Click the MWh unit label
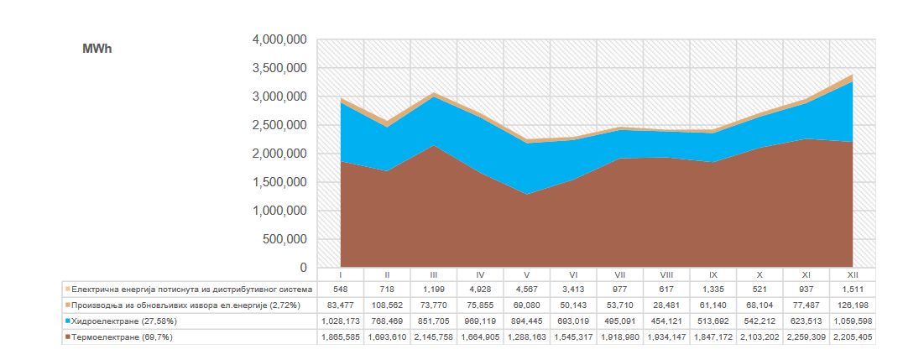coord(97,50)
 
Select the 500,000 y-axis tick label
coord(284,239)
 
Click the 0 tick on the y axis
coord(303,268)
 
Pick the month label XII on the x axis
coord(852,274)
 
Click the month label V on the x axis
coord(526,274)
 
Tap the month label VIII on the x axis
coord(666,274)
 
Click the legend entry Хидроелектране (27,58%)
coord(126,321)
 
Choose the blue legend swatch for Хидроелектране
coord(67,321)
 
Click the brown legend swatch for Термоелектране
coord(67,337)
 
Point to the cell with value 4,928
coord(480,288)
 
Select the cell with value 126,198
coord(852,304)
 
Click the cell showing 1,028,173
coord(340,321)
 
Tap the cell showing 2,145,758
coord(433,337)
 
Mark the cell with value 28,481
coord(666,304)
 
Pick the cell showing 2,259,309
coord(806,337)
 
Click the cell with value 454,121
coord(666,321)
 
